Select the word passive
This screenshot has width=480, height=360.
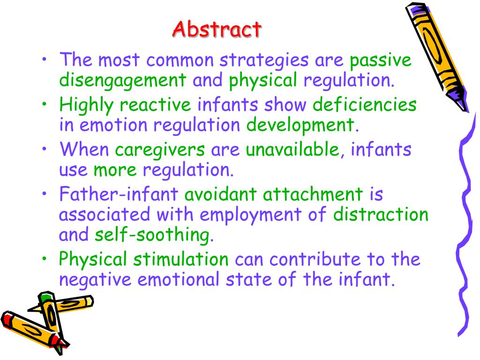[x=380, y=60]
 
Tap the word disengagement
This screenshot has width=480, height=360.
[x=123, y=80]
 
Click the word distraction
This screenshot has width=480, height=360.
[x=381, y=215]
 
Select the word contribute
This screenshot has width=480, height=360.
[x=306, y=260]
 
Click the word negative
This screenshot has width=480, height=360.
[x=96, y=280]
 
